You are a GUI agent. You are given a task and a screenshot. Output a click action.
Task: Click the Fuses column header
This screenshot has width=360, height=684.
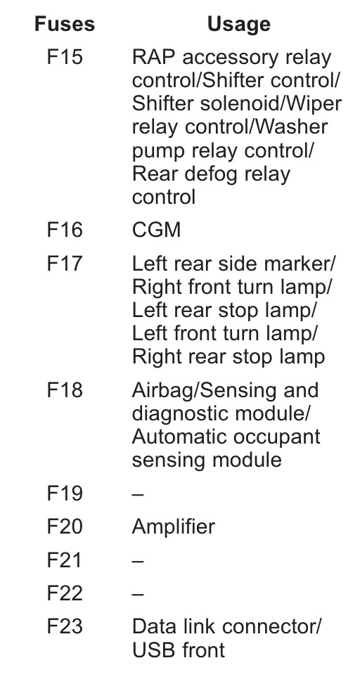point(65,24)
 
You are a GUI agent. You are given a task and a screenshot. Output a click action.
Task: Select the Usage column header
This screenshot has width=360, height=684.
point(238,25)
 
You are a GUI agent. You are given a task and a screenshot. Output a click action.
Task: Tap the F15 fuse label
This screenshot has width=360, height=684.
point(65,57)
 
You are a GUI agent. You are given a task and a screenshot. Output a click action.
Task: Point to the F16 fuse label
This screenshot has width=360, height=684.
point(65,229)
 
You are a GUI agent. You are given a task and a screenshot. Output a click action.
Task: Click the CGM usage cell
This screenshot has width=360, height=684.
point(156,230)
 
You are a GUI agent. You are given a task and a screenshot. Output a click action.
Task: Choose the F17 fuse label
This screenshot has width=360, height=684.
point(65,264)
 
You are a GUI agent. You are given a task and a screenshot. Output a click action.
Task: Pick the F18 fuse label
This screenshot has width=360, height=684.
point(65,390)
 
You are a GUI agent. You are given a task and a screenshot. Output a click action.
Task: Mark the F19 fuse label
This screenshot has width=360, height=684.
point(65,493)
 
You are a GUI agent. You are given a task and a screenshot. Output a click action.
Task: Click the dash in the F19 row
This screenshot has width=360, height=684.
point(138,495)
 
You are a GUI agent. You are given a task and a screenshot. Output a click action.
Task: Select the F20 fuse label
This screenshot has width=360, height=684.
point(65,526)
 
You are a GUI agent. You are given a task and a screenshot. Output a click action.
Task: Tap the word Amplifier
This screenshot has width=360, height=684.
point(173,527)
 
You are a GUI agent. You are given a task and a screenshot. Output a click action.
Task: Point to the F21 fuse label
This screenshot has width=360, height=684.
point(65,560)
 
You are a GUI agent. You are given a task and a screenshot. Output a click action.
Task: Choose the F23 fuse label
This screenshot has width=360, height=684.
point(65,626)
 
